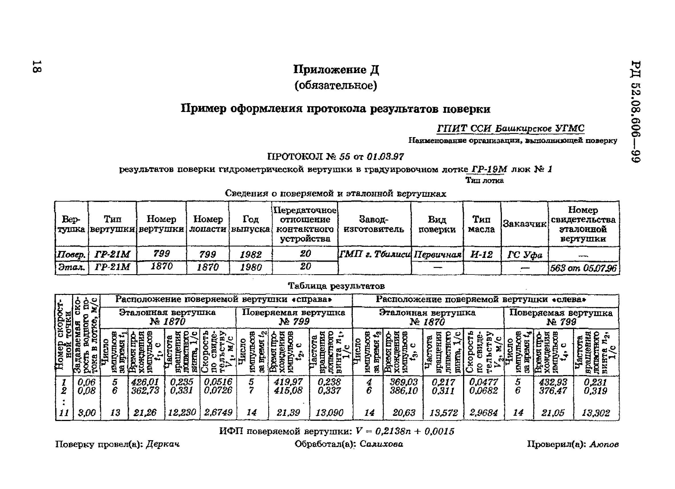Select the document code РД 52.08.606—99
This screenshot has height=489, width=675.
(635, 112)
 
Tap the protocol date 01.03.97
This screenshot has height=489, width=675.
(385, 157)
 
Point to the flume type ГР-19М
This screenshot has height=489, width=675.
(489, 169)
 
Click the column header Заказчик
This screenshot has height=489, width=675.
(524, 224)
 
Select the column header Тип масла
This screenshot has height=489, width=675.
(481, 224)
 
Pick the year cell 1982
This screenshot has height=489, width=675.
(251, 254)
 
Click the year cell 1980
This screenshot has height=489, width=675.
(251, 267)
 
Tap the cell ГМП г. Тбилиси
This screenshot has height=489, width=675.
(374, 254)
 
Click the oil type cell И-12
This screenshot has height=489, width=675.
(482, 254)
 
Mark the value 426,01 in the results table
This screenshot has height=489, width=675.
(145, 382)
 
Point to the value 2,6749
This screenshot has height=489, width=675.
(218, 412)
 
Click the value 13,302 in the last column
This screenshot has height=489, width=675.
(596, 413)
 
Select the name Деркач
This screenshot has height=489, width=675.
(163, 444)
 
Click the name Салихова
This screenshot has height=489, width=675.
(381, 444)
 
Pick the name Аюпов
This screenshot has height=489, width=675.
(604, 444)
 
